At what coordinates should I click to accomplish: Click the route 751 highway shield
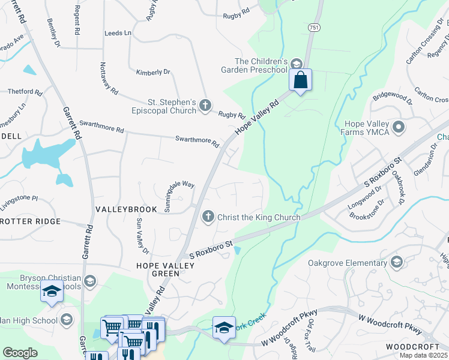tap(314, 28)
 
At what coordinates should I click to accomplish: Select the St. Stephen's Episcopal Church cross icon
tap(205, 106)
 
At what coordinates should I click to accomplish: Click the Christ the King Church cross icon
tap(208, 217)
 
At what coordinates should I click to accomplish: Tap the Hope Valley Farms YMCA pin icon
tap(399, 127)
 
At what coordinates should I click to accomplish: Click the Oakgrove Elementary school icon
tap(396, 263)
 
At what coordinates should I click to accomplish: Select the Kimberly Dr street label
tap(153, 72)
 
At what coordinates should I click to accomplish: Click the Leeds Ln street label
tap(118, 34)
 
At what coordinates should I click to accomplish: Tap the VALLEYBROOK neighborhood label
tap(126, 209)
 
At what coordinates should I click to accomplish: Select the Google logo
tap(20, 352)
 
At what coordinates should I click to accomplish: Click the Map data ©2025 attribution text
tap(424, 355)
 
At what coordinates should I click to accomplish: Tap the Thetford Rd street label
tap(25, 92)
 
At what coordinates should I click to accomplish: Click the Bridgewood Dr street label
tap(393, 97)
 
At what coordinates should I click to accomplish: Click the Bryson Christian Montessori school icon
tap(89, 281)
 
